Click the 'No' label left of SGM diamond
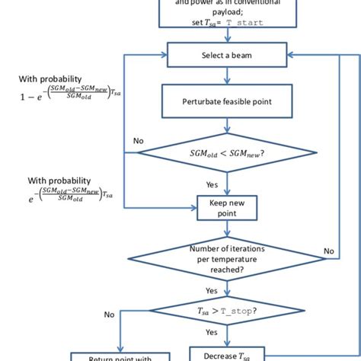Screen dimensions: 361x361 click(138, 141)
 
